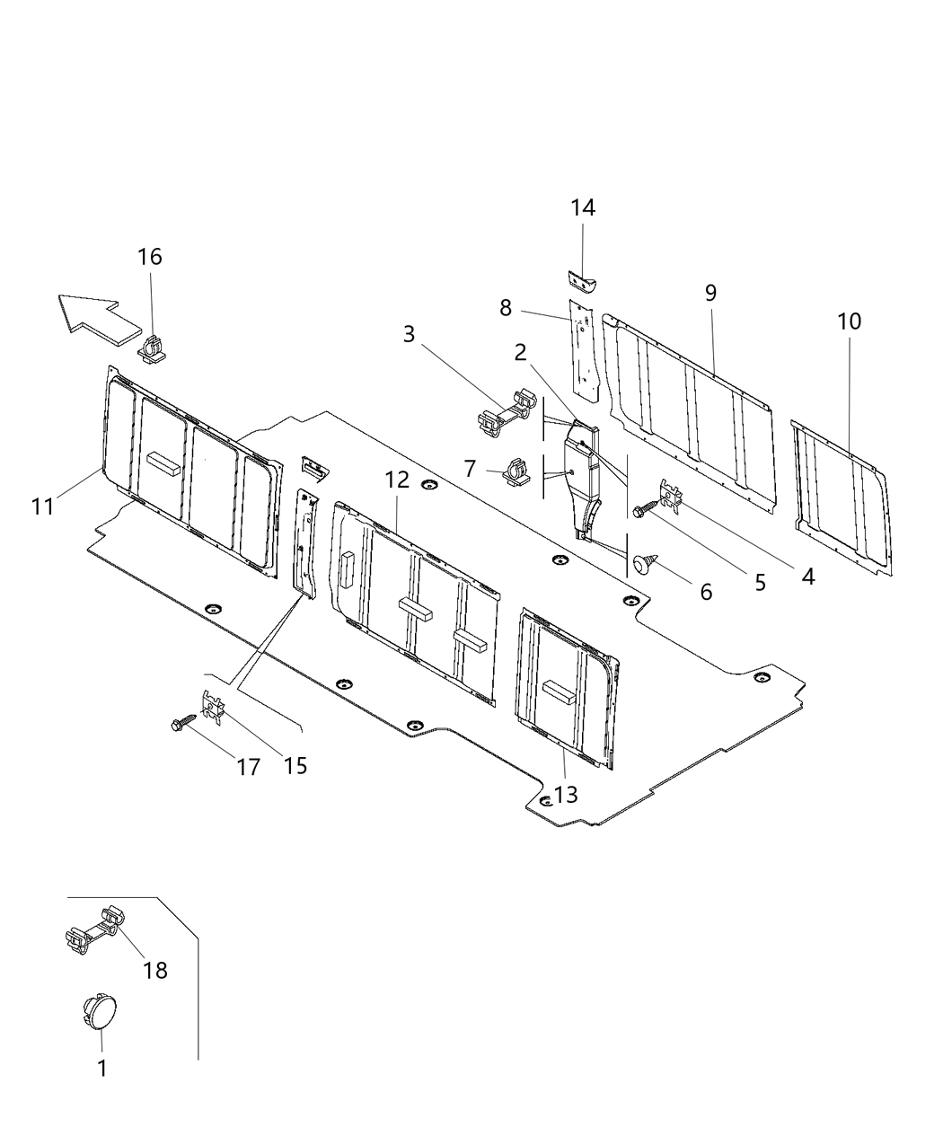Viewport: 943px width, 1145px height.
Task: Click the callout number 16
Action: pos(150,257)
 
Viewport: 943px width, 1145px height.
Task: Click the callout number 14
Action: pos(583,207)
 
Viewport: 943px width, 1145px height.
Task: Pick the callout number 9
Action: pos(710,293)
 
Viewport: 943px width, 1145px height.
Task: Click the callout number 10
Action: pos(849,321)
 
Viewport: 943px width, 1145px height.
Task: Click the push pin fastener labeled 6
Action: pos(643,563)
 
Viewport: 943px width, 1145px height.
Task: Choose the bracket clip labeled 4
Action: pos(672,491)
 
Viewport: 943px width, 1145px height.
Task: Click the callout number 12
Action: pos(397,480)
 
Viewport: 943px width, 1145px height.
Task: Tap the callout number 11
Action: pos(42,506)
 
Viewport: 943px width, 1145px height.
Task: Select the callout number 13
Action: pos(566,794)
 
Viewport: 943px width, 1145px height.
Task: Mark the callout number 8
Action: pos(506,309)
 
